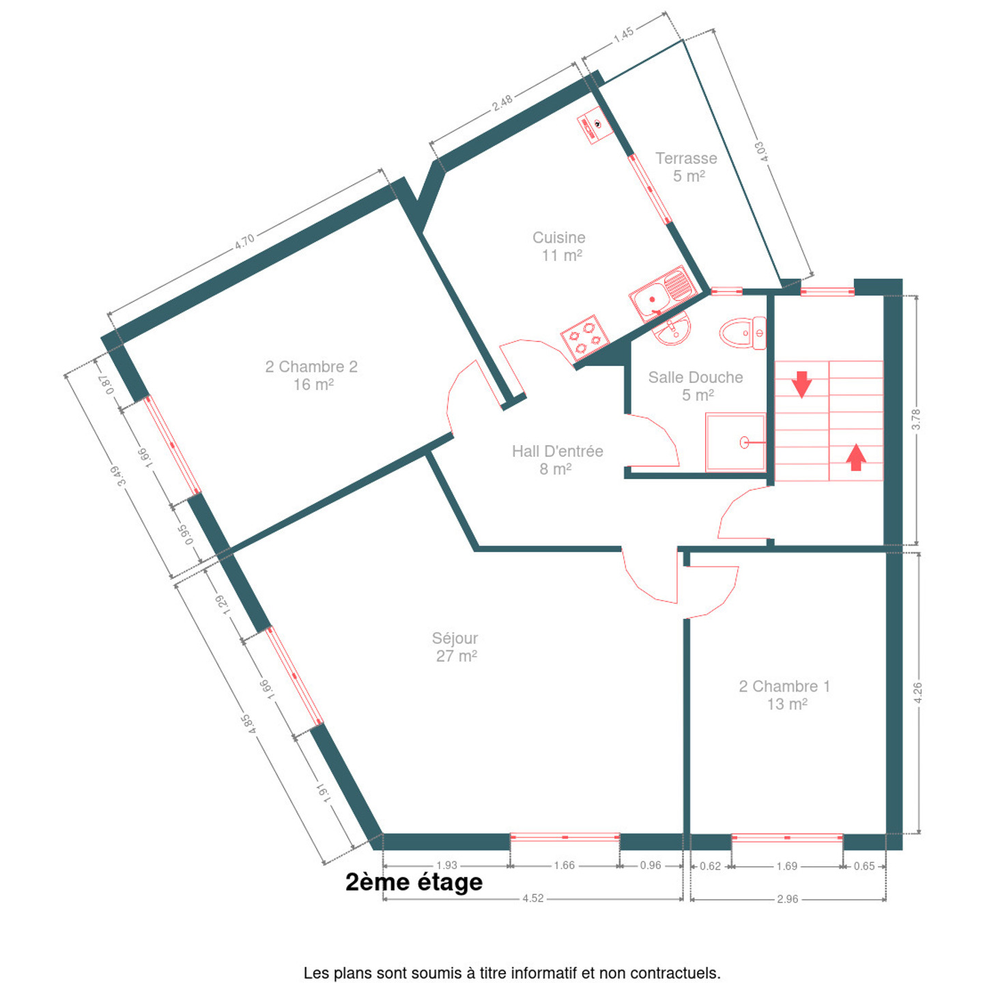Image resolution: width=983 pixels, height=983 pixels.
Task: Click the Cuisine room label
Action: tap(558, 238)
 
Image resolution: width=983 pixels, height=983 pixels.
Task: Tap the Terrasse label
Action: tap(686, 158)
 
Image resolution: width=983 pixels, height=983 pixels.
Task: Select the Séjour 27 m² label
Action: tap(455, 647)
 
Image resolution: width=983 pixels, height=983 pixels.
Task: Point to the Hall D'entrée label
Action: tap(558, 451)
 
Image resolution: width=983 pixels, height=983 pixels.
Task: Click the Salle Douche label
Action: tap(696, 377)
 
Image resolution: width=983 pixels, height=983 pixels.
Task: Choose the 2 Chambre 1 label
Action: tap(784, 687)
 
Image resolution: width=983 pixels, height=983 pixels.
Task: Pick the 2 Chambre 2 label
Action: tap(311, 367)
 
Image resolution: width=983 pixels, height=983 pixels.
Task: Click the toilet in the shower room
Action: tap(743, 332)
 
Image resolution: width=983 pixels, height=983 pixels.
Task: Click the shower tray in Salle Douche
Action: tap(735, 442)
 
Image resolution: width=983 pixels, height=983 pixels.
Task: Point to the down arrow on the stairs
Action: tap(801, 384)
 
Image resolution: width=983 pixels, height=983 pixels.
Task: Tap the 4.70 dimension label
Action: tap(244, 242)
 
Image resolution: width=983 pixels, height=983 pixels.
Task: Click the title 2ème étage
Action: tap(414, 883)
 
